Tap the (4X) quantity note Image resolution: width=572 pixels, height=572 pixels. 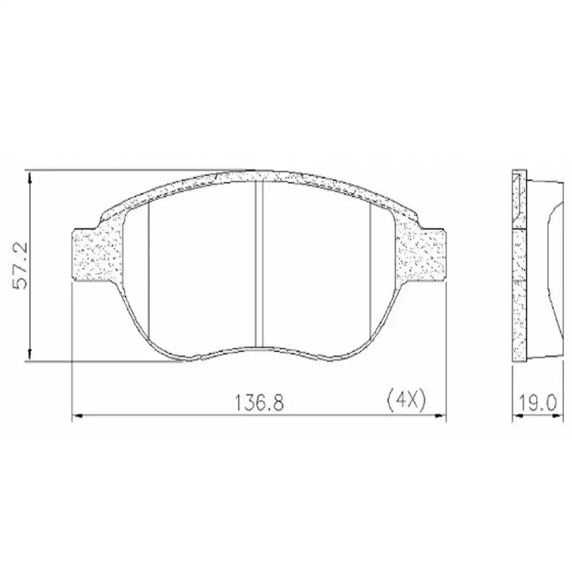tap(404, 400)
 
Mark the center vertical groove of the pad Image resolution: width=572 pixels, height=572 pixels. tap(259, 263)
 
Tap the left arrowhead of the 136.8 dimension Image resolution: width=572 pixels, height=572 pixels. tap(77, 416)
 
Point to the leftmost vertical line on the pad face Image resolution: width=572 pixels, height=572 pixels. tap(148, 269)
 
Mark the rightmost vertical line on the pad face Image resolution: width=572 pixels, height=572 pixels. tap(371, 269)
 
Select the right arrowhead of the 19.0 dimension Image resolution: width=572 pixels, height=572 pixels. tap(555, 416)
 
